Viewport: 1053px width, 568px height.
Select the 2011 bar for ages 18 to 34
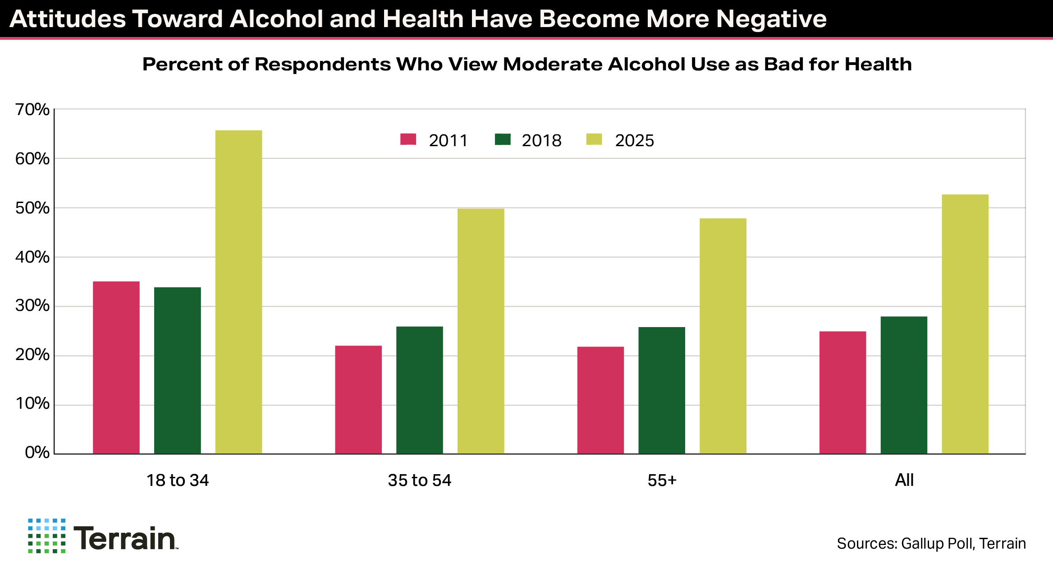tap(116, 367)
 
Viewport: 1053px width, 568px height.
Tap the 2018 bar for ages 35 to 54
tap(420, 390)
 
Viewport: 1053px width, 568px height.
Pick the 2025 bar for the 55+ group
tap(723, 336)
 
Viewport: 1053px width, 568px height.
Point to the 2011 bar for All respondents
tap(842, 393)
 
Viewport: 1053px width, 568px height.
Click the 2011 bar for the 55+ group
tap(600, 400)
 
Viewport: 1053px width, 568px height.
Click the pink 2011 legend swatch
tap(408, 139)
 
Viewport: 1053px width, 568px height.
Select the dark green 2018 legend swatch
tap(503, 139)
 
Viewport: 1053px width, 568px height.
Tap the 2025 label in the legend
tap(634, 141)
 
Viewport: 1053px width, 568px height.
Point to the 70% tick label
tap(32, 110)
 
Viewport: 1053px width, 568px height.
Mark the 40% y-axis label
tap(32, 257)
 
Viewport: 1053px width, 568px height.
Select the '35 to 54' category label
tap(419, 480)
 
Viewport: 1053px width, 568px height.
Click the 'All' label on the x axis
tap(904, 480)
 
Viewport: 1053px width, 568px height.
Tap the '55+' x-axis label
tap(662, 480)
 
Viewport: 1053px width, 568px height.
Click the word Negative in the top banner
tap(771, 19)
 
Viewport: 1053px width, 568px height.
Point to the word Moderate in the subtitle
tap(553, 65)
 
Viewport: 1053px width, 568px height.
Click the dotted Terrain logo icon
tap(46, 536)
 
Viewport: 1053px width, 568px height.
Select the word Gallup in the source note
tap(920, 544)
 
